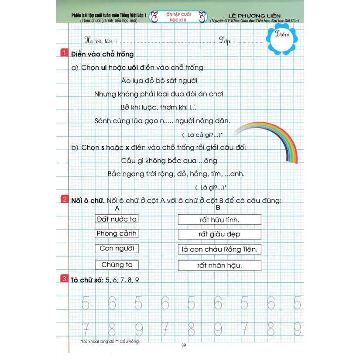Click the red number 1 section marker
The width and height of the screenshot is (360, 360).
[64, 54]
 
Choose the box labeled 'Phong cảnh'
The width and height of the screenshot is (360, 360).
[117, 233]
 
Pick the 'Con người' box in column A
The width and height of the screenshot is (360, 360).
[117, 248]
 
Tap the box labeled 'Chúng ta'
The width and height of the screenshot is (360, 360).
[117, 264]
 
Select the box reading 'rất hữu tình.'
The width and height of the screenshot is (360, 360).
[219, 219]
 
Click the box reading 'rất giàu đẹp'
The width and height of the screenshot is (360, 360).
[219, 235]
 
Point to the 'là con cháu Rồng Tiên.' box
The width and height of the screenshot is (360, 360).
[219, 250]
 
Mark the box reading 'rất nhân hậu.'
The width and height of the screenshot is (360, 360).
[219, 265]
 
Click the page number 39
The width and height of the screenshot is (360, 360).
[183, 346]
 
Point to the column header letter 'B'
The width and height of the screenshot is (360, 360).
[218, 208]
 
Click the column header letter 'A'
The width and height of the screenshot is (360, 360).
[117, 208]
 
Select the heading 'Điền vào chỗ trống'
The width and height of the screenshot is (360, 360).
[102, 54]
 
